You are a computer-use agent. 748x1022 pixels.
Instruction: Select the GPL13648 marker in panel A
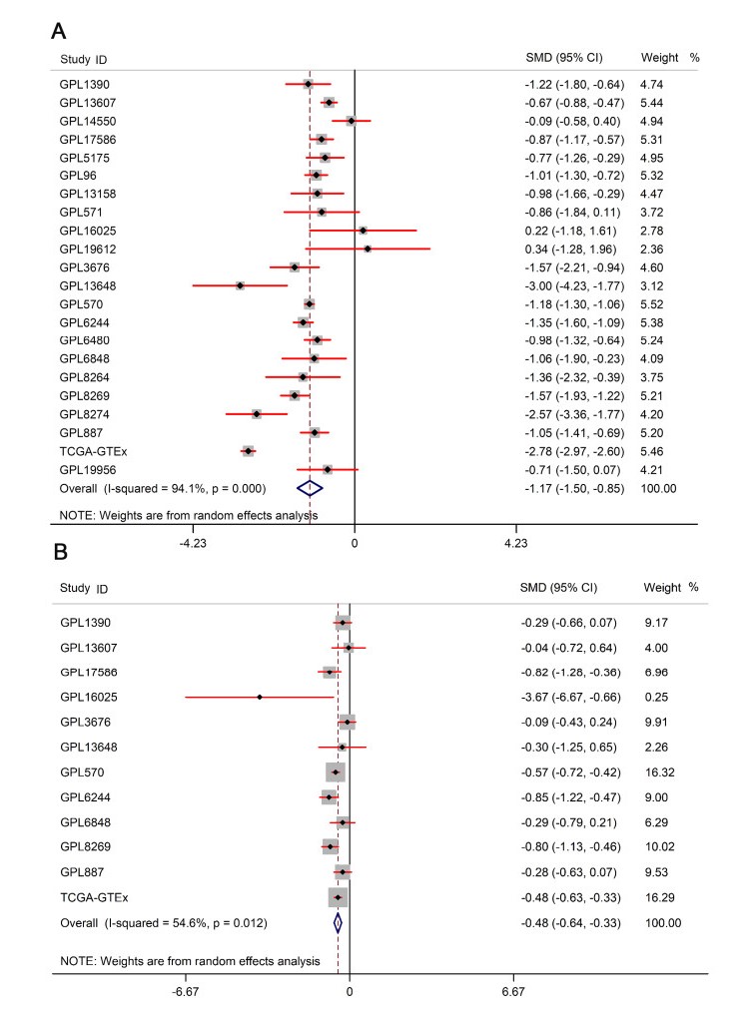(240, 285)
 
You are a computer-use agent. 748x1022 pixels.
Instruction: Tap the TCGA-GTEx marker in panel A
(248, 452)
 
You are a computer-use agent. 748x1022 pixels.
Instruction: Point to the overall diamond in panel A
(311, 488)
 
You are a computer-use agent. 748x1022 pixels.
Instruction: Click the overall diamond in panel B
(338, 923)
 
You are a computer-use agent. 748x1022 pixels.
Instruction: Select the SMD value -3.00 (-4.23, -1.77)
(574, 285)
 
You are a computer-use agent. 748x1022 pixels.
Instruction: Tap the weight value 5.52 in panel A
(651, 303)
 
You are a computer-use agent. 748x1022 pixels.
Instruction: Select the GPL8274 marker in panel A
(257, 414)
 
